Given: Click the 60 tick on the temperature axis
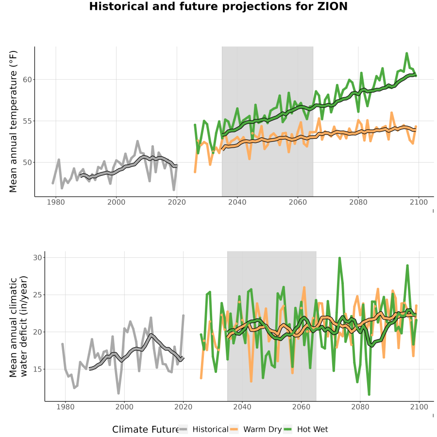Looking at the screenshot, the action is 27,80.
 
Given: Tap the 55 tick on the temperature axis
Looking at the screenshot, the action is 27,121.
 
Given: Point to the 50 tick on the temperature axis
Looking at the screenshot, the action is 27,163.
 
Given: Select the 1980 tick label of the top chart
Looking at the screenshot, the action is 56,202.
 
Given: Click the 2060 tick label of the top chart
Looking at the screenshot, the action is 298,202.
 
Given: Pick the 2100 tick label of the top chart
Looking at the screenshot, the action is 419,202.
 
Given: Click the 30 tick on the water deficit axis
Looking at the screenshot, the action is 37,257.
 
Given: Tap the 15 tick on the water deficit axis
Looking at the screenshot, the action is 37,370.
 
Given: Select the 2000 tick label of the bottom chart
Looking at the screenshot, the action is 124,407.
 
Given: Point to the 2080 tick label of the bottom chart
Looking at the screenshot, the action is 360,407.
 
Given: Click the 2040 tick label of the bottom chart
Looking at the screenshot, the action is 242,407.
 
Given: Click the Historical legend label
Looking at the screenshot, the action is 210,429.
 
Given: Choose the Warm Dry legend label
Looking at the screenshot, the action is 262,429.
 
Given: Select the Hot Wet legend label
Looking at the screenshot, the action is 312,429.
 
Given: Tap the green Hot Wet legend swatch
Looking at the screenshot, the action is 287,429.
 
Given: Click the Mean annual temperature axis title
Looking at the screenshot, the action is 13,121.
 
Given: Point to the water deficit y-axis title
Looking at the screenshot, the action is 18,326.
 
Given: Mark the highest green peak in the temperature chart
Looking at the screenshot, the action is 406,53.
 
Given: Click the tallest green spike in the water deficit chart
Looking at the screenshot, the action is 339,258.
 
